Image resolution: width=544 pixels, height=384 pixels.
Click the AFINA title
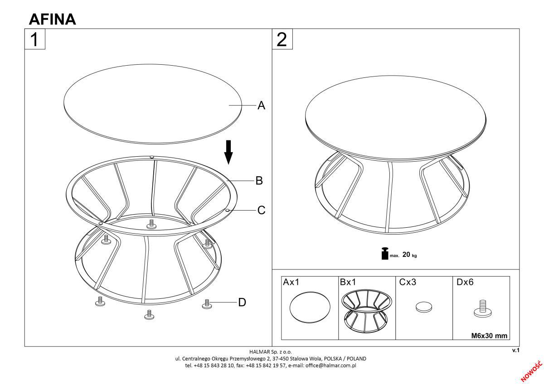(53, 19)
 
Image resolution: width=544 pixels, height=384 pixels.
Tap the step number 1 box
(35, 39)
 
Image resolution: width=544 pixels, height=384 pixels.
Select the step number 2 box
(282, 39)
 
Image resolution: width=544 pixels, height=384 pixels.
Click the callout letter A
(261, 105)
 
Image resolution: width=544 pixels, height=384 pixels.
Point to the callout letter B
(259, 181)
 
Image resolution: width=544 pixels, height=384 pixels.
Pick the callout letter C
(261, 210)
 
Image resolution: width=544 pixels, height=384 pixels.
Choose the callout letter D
(242, 302)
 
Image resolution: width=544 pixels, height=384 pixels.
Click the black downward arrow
(228, 152)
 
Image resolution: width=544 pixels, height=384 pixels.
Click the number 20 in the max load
(406, 254)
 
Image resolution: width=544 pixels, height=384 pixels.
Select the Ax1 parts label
(291, 282)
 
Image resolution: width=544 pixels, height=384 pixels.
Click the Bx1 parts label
(348, 282)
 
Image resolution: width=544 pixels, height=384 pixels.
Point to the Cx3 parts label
(408, 282)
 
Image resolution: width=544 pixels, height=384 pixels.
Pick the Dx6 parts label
(465, 282)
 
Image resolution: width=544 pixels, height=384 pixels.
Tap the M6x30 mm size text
(489, 336)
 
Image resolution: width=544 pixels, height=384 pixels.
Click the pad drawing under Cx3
(424, 307)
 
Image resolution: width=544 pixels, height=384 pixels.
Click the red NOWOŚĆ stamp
(532, 371)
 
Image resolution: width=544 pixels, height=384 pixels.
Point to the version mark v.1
(516, 350)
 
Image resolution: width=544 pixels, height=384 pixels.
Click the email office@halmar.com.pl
(331, 365)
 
